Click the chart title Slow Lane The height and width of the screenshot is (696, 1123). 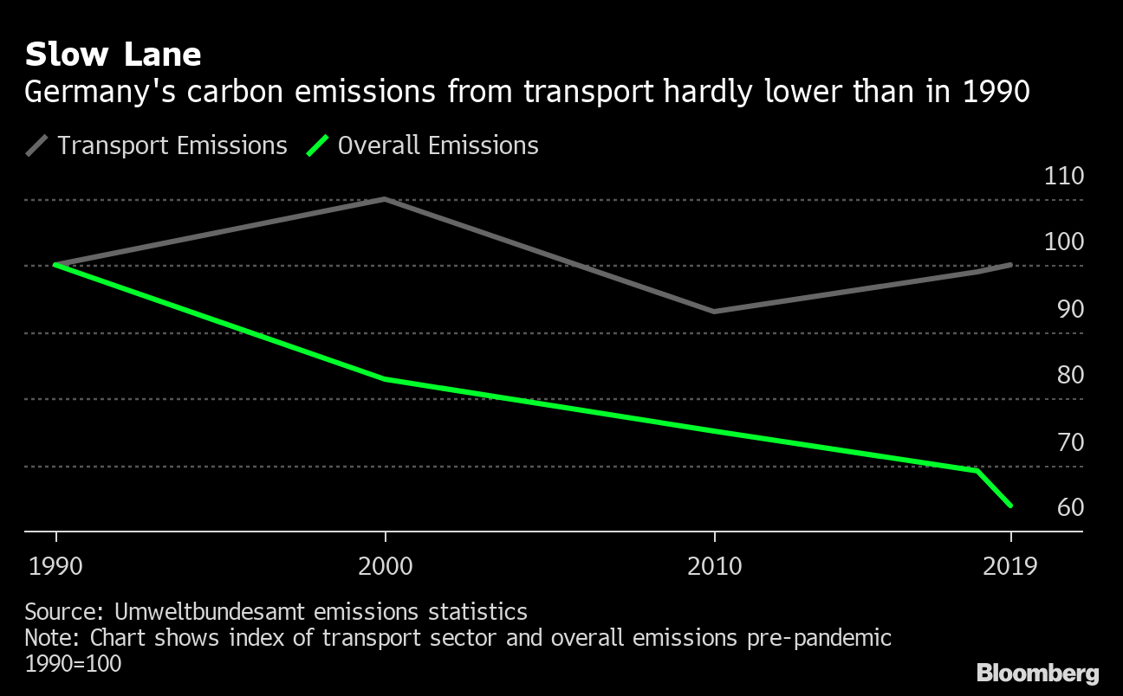click(113, 55)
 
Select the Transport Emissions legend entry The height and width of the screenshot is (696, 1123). click(172, 145)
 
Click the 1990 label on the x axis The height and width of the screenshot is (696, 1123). click(56, 567)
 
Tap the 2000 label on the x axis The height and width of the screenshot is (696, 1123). click(385, 567)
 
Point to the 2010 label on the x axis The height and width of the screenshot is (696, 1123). click(714, 567)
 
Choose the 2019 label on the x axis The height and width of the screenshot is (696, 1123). click(1010, 567)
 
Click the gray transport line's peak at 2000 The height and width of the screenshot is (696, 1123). click(385, 199)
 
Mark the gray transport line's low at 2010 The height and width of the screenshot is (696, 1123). click(713, 311)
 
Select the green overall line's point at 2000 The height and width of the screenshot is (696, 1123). click(385, 379)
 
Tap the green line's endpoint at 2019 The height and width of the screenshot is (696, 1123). click(1010, 506)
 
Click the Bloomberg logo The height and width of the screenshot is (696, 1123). click(1037, 673)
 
